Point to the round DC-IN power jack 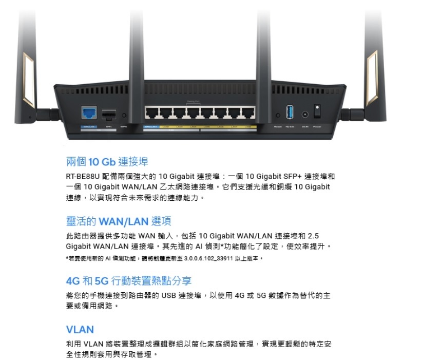(305, 115)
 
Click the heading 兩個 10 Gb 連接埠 (107, 162)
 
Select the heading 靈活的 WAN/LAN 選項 (119, 221)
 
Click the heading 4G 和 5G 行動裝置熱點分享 (129, 281)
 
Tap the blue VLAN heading (80, 329)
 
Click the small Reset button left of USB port (278, 115)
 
